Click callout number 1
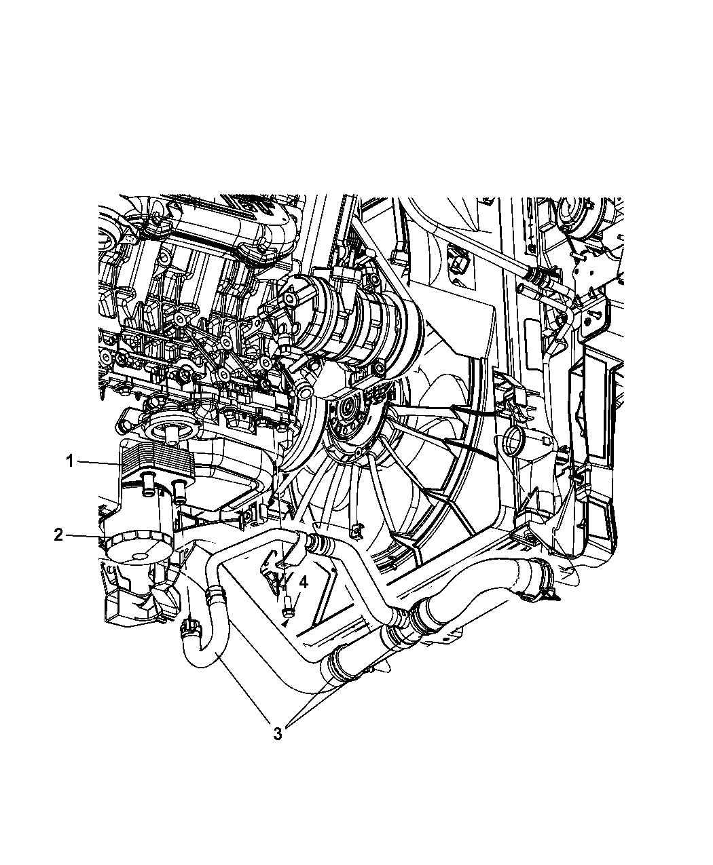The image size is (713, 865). (x=71, y=461)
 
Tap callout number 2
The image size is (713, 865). (x=58, y=535)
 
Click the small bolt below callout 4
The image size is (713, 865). (x=286, y=612)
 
